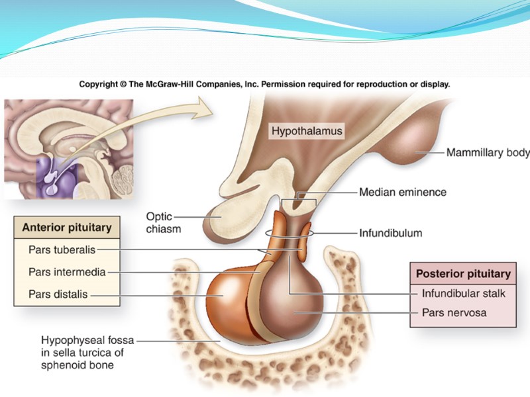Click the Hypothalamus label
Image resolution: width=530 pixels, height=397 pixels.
tap(307, 131)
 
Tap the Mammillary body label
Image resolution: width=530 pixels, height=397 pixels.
tap(488, 153)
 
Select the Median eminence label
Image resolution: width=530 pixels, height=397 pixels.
tap(402, 193)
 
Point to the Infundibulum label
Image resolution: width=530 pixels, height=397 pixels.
tap(390, 233)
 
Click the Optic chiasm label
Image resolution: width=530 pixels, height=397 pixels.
tap(163, 222)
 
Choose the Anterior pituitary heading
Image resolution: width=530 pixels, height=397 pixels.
tap(67, 228)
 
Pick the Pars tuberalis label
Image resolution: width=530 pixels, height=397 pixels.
tap(62, 249)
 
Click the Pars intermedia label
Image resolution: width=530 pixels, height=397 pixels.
tap(67, 271)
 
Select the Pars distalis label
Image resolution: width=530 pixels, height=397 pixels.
tap(58, 294)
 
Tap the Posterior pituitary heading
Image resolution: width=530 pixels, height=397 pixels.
tap(463, 273)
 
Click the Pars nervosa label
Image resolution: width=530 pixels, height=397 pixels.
tap(454, 312)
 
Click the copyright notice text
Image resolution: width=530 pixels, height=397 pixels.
tap(264, 85)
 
